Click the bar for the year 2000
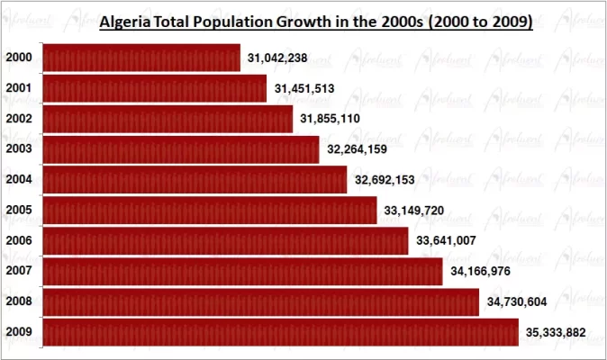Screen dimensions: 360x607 click(x=141, y=58)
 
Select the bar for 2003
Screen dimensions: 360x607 click(x=181, y=148)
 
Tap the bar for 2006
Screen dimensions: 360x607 click(x=225, y=240)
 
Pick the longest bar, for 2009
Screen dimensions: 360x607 click(x=280, y=332)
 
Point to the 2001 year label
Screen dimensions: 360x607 click(x=19, y=88)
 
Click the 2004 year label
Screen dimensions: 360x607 click(x=19, y=179)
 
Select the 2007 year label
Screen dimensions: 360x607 click(x=19, y=271)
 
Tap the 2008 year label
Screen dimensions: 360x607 click(x=19, y=301)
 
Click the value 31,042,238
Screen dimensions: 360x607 click(x=277, y=58)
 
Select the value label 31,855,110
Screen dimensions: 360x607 click(x=331, y=120)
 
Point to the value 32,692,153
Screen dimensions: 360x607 click(x=385, y=181)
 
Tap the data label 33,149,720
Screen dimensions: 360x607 click(x=414, y=211)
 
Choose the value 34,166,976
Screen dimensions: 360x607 click(x=480, y=272)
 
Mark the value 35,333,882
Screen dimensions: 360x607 click(x=555, y=333)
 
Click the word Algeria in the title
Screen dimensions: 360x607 click(x=126, y=21)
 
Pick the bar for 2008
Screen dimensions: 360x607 click(x=261, y=301)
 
